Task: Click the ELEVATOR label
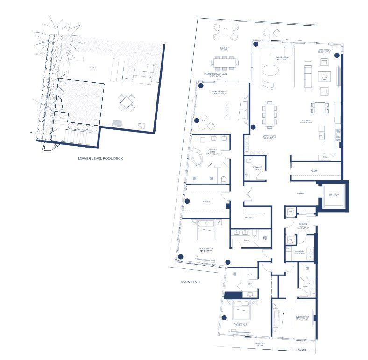click(x=333, y=194)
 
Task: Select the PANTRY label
click(x=314, y=171)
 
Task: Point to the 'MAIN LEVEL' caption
click(x=191, y=282)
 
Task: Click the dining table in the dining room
click(x=269, y=114)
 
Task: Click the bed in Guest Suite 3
click(x=206, y=229)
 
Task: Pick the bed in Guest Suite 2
click(x=242, y=309)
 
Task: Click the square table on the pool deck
click(x=127, y=102)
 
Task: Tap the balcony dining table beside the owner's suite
click(x=226, y=62)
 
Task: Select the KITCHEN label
click(x=306, y=120)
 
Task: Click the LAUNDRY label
click(x=299, y=252)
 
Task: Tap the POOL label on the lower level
click(x=92, y=68)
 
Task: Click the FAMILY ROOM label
click(x=324, y=52)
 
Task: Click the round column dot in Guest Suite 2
click(x=224, y=318)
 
